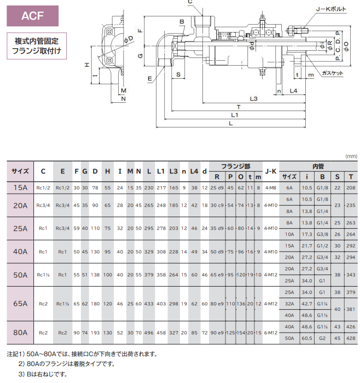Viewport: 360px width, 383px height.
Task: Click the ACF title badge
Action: (x=32, y=16)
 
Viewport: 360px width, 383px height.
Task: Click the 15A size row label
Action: (x=20, y=188)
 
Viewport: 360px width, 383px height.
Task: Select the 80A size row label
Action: (x=20, y=333)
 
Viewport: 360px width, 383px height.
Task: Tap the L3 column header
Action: (x=173, y=171)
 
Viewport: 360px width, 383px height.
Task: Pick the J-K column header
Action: (x=271, y=171)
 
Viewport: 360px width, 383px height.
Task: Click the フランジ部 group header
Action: (x=236, y=166)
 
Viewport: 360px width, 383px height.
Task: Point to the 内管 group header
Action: (x=318, y=166)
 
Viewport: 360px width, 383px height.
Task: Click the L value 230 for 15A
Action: (x=149, y=188)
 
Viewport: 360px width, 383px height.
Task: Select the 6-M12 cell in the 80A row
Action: (x=271, y=333)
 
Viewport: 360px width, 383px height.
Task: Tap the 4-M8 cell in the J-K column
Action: (x=271, y=188)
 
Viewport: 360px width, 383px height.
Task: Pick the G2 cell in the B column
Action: (x=322, y=338)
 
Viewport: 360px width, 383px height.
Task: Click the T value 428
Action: (x=351, y=338)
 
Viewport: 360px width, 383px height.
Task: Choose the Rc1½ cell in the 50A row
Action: (x=43, y=275)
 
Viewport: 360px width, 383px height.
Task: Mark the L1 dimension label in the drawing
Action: (x=235, y=115)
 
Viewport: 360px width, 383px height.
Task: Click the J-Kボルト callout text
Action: (x=331, y=9)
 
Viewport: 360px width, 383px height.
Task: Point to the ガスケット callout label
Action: (x=333, y=73)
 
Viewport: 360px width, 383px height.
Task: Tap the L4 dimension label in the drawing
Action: (x=293, y=91)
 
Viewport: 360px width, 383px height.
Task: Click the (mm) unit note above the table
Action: (x=351, y=156)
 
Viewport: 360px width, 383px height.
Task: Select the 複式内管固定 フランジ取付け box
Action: (x=37, y=46)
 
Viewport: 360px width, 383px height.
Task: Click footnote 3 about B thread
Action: (x=43, y=374)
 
